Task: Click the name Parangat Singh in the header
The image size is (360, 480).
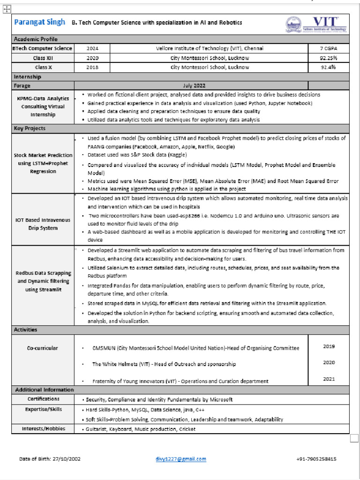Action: pyautogui.click(x=40, y=22)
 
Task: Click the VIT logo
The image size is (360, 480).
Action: pyautogui.click(x=316, y=24)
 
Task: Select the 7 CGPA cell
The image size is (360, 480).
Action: pyautogui.click(x=329, y=48)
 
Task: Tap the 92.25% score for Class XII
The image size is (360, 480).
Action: pyautogui.click(x=329, y=58)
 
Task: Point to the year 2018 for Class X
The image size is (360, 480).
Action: pyautogui.click(x=92, y=67)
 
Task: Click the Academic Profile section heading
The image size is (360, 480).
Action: pyautogui.click(x=36, y=39)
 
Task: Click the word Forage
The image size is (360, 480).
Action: pyautogui.click(x=22, y=86)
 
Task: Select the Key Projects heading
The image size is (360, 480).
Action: pyautogui.click(x=30, y=128)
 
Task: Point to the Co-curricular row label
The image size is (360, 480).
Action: pyautogui.click(x=43, y=348)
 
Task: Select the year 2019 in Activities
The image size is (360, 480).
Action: pyautogui.click(x=329, y=346)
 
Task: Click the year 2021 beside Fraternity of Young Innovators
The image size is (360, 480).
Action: pyautogui.click(x=329, y=379)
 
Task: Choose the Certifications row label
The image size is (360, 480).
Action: pyautogui.click(x=43, y=399)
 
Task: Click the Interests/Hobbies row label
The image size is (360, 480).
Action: pyautogui.click(x=43, y=429)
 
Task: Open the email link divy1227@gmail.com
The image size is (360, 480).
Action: pyautogui.click(x=180, y=459)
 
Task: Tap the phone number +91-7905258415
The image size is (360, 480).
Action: pyautogui.click(x=316, y=459)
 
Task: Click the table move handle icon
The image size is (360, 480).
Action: pyautogui.click(x=7, y=9)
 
